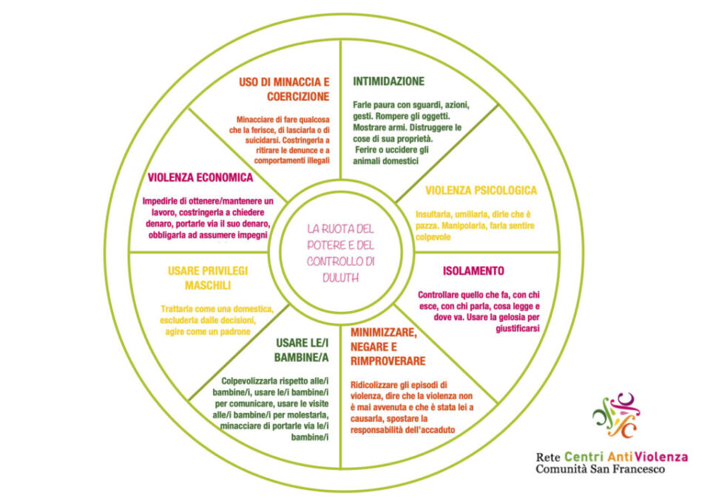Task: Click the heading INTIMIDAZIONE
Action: [388, 81]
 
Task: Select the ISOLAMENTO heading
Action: [473, 270]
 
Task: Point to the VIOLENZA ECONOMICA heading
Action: [200, 177]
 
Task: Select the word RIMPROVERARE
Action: [388, 361]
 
